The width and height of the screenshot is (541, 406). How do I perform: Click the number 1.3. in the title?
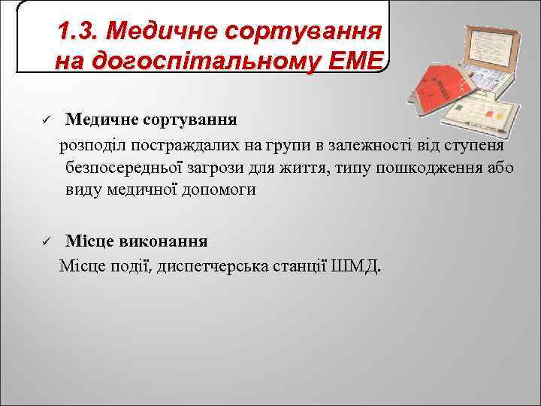click(79, 32)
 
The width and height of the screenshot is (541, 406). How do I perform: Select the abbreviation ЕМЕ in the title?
click(360, 60)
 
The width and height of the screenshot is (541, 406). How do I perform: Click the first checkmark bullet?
click(45, 120)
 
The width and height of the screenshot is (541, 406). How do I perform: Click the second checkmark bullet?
click(45, 242)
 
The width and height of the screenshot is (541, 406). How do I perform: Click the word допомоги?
click(219, 190)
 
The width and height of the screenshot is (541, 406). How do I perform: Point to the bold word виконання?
click(161, 242)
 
